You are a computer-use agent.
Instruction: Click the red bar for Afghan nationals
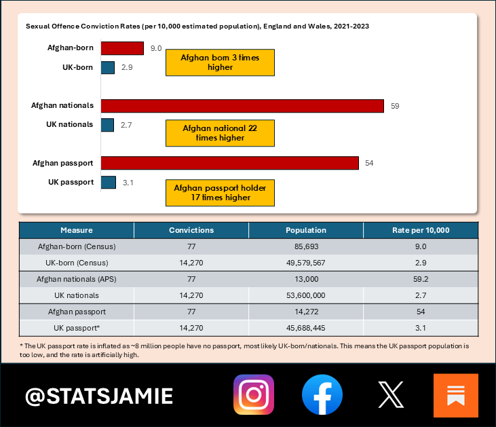242,105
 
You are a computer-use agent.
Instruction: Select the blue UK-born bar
107,68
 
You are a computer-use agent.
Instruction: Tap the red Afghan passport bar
229,163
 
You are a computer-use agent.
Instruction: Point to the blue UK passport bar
108,182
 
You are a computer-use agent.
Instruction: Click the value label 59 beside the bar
395,105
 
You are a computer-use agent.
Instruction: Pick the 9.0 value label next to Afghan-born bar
156,48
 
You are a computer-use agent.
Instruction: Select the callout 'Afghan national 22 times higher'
220,132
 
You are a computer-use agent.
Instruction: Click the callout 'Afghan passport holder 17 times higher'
220,192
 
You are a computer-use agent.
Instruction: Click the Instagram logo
254,395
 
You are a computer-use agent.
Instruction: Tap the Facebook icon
322,395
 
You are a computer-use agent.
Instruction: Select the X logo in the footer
390,395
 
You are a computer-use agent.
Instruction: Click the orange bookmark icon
455,395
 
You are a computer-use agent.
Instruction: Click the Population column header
306,230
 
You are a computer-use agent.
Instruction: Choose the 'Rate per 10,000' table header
421,230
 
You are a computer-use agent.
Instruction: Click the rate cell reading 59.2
421,279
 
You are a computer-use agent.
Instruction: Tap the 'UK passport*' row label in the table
77,327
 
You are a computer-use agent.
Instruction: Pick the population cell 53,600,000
306,295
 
